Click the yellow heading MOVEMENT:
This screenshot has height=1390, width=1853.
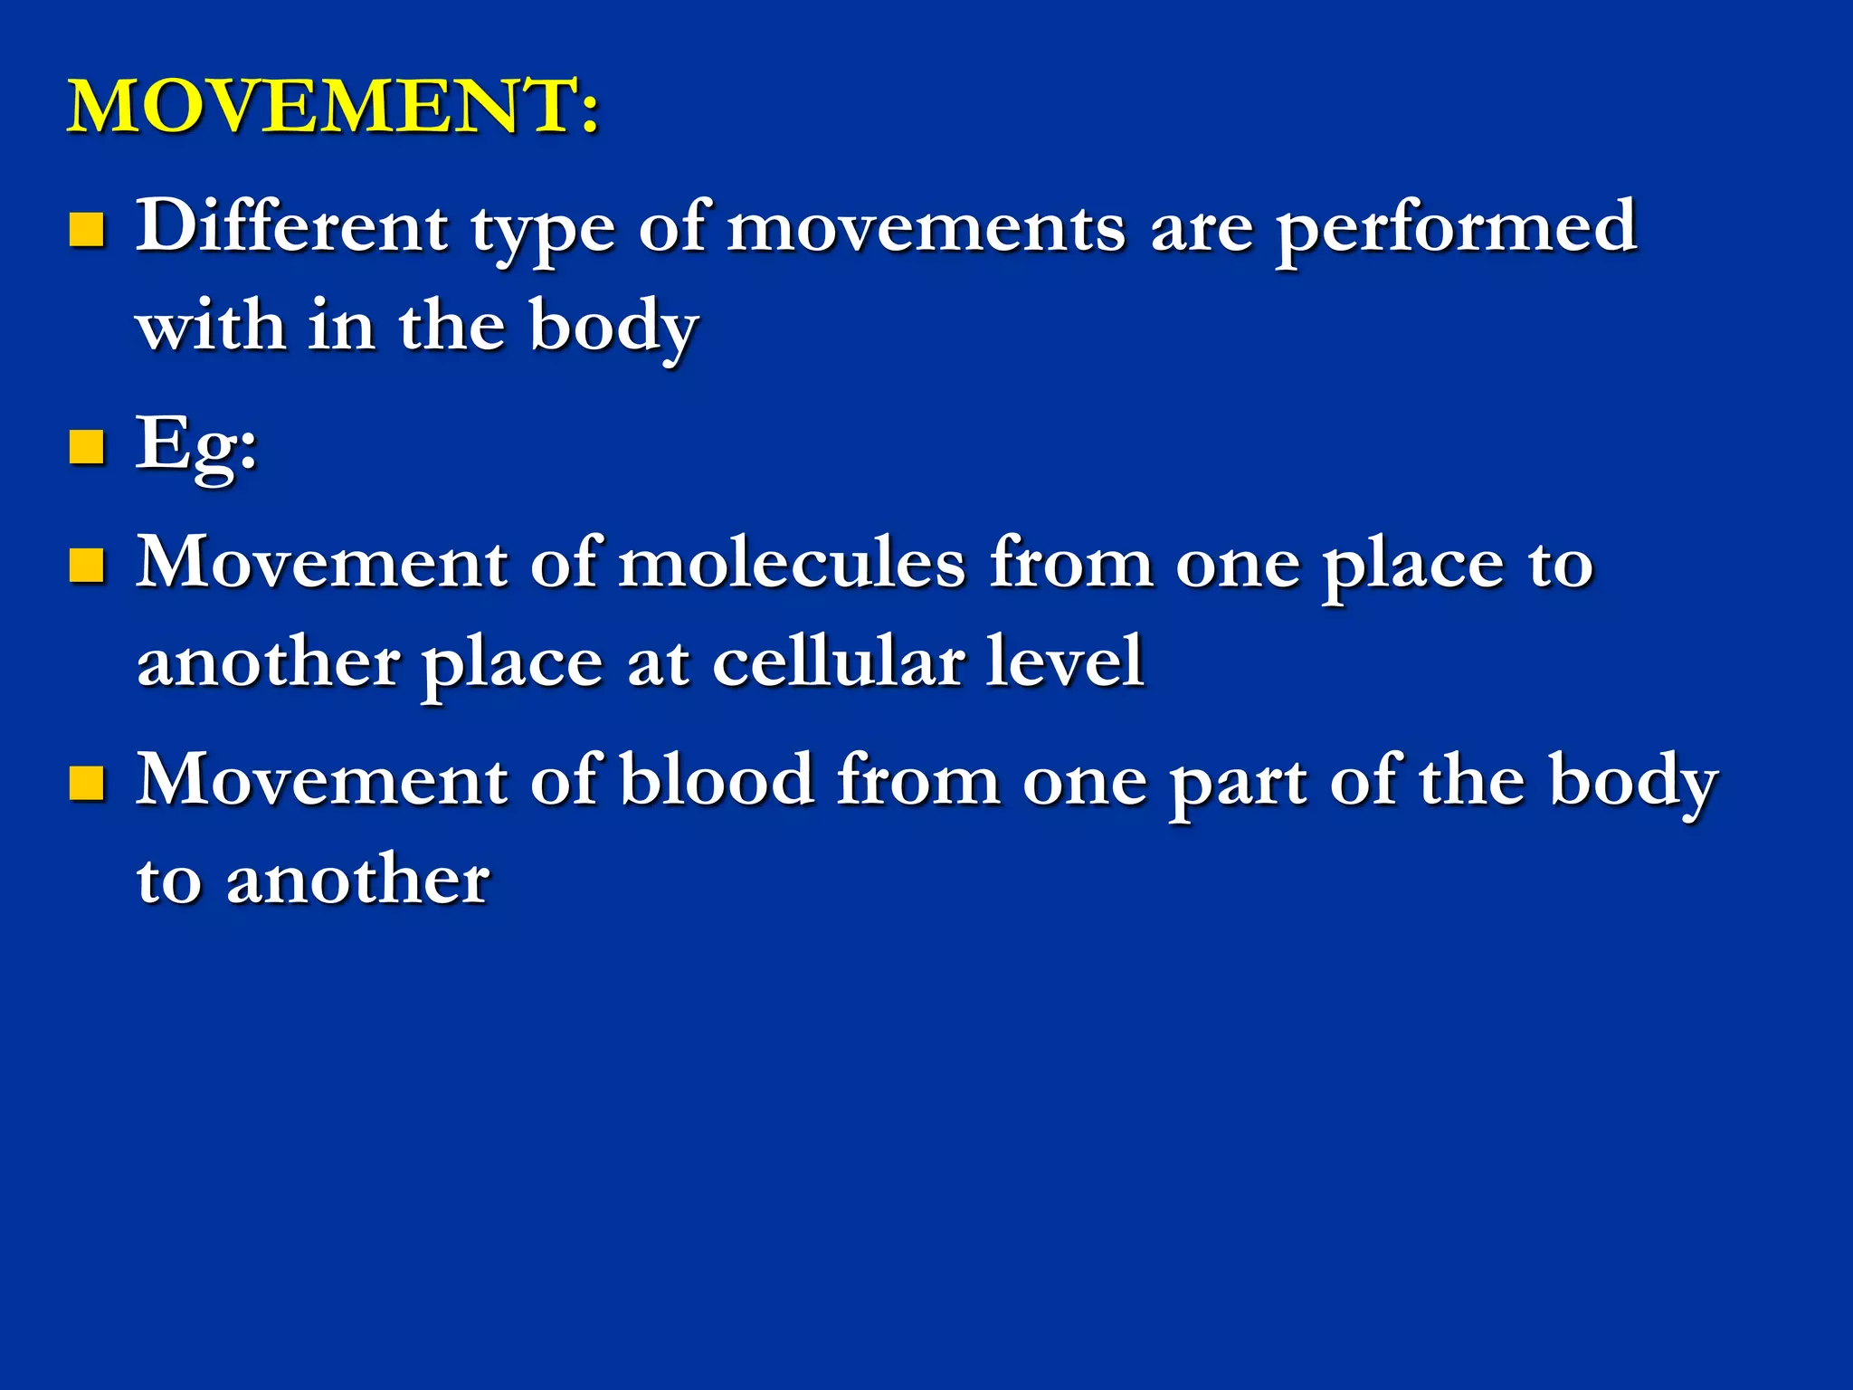point(333,106)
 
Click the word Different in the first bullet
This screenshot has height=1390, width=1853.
point(291,225)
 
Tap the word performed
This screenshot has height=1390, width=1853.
point(1456,229)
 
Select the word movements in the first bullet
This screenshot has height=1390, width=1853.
point(926,228)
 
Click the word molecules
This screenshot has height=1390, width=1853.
point(793,563)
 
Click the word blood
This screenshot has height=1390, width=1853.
point(717,780)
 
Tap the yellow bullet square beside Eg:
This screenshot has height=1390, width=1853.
point(87,447)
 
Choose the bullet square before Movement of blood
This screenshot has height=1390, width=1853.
point(87,784)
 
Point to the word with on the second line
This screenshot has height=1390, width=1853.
point(210,326)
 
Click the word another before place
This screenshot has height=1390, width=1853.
point(268,663)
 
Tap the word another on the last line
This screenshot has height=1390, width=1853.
point(357,880)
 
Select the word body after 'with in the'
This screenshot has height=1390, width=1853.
point(613,328)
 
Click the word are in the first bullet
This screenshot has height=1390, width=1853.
point(1202,230)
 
